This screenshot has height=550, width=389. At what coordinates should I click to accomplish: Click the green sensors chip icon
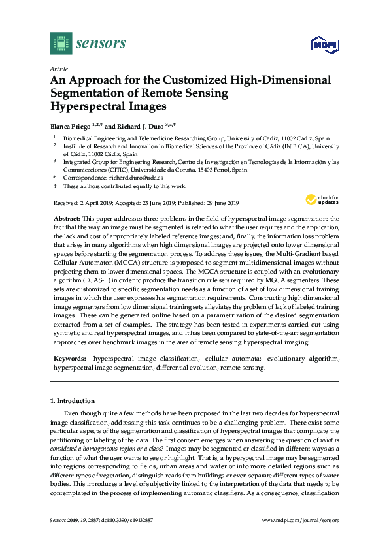click(x=61, y=43)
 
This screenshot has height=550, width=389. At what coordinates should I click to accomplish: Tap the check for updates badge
click(x=321, y=199)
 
